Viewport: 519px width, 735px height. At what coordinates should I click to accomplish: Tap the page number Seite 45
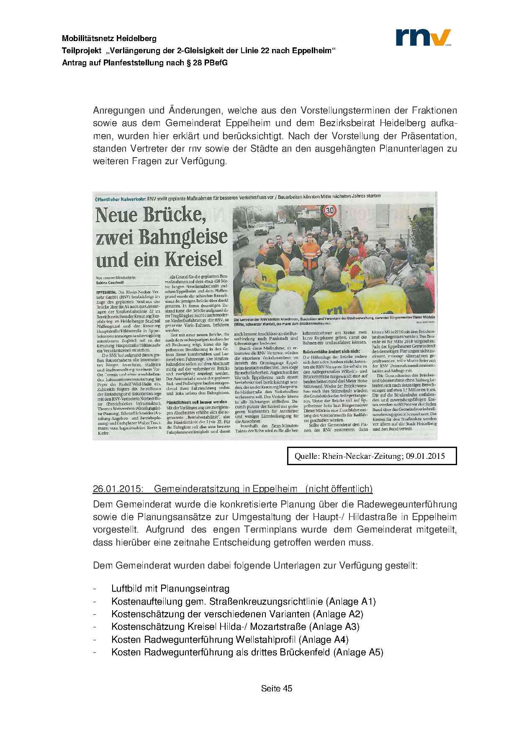[x=276, y=688]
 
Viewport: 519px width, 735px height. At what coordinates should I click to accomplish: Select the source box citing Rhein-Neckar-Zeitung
[x=372, y=456]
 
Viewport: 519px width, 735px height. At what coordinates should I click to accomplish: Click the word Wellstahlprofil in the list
[x=266, y=639]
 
